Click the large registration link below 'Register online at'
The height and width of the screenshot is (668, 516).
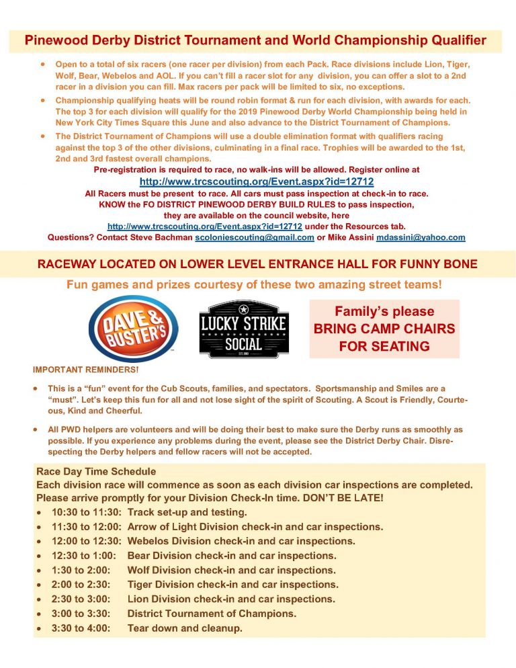[x=256, y=181]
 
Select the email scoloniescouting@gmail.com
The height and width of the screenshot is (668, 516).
[x=255, y=237]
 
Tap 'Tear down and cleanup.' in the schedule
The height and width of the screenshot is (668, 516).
[x=185, y=628]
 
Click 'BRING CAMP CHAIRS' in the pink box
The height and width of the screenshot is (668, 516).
[x=384, y=329]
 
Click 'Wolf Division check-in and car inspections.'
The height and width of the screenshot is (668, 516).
[x=232, y=570]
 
